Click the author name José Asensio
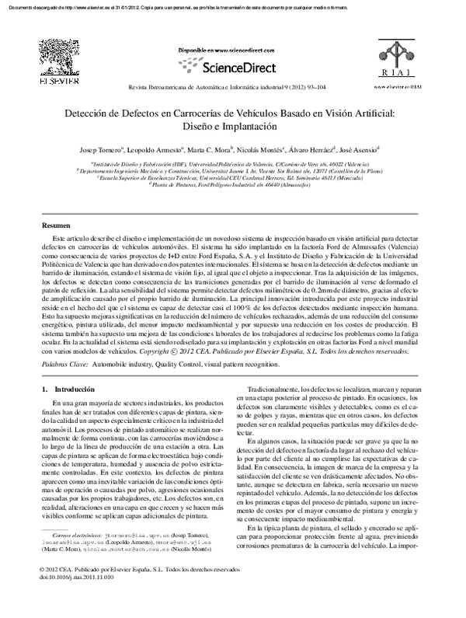pos(356,148)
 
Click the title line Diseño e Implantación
pos(232,126)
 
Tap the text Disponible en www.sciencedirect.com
pos(231,51)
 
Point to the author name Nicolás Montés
pos(259,148)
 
